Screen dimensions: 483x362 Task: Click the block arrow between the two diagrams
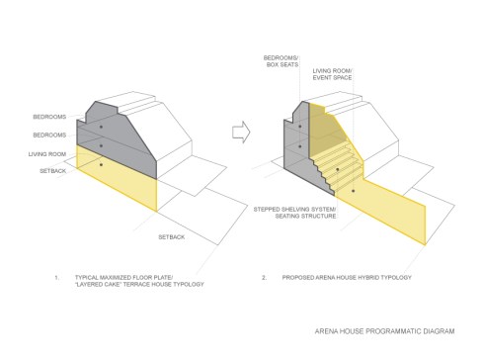[238, 129]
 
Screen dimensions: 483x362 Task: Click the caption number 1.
[56, 278]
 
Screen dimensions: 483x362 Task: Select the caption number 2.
[264, 278]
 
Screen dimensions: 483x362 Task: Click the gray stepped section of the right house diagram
[300, 138]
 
